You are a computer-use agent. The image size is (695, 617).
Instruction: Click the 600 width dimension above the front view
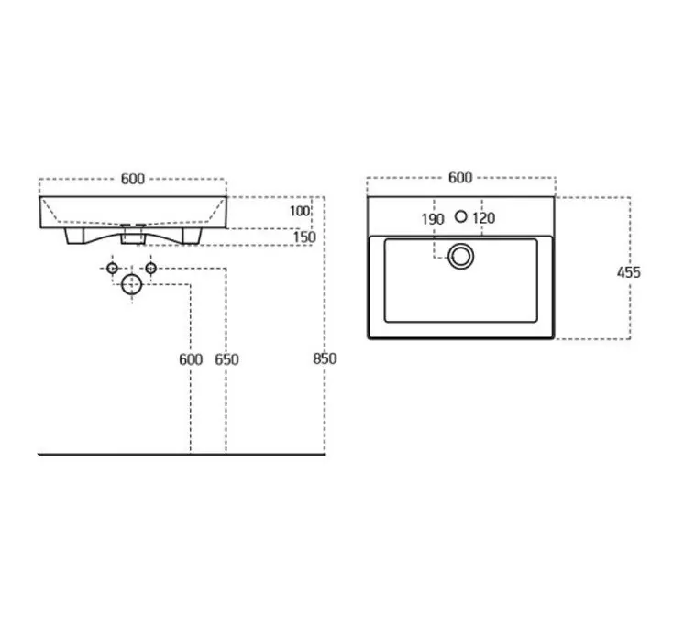(133, 179)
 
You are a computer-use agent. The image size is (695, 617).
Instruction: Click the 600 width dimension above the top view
(460, 178)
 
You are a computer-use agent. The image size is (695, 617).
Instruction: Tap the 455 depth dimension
(628, 272)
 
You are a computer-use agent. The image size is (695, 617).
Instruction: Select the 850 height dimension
(325, 358)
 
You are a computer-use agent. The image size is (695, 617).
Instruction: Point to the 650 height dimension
(226, 359)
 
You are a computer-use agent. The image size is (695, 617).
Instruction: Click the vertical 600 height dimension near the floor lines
(191, 359)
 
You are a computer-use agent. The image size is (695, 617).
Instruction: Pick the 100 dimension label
(300, 211)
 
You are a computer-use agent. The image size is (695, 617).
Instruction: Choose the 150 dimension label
(304, 237)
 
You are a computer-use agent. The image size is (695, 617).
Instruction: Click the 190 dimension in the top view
(433, 219)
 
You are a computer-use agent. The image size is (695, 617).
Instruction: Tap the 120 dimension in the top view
(483, 218)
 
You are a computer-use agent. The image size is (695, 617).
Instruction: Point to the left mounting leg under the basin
(74, 236)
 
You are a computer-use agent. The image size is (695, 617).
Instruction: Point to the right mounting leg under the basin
(192, 236)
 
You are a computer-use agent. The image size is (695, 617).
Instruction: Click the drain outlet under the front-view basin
(133, 235)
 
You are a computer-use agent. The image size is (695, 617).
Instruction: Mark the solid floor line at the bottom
(182, 454)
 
